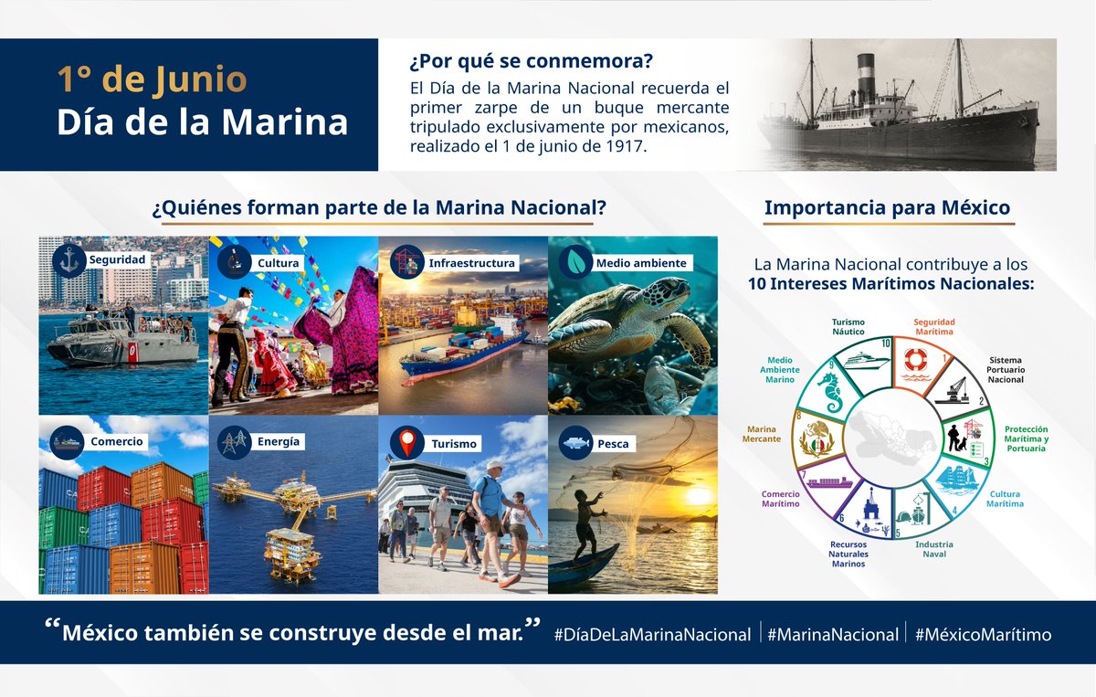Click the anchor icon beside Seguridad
pos(69,261)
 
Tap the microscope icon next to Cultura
pos(234,262)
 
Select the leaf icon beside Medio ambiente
pos(575,262)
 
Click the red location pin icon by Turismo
pos(407,442)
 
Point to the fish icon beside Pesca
pos(575,443)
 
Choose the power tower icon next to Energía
pos(234,442)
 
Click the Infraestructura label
pos(471,263)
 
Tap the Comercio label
pos(117,441)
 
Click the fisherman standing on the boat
pos(587,523)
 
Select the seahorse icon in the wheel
pos(831,393)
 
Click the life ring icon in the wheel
pos(915,360)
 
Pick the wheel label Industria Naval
pos(934,549)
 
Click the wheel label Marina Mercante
pos(762,434)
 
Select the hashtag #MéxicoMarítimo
pos(983,634)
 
